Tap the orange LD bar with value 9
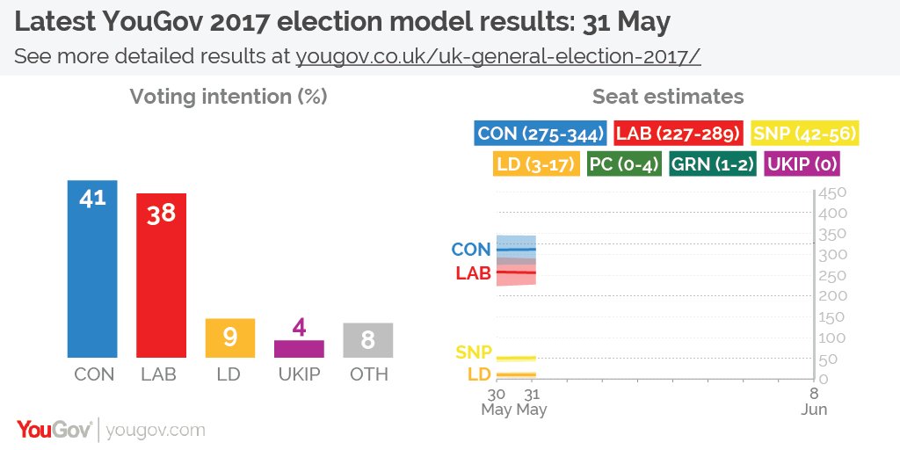coord(229,337)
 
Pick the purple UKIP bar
coord(299,348)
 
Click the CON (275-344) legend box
coord(541,134)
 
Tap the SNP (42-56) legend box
coord(805,134)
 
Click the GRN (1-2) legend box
coord(712,163)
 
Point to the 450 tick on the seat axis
coord(832,193)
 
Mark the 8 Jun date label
coord(814,402)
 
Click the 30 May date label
coord(497,402)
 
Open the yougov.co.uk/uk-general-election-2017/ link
coord(497,56)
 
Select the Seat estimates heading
coord(668,97)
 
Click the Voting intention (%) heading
coord(229,97)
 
